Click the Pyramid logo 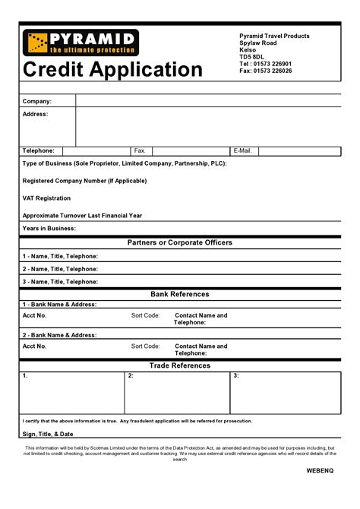click(81, 43)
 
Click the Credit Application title click(112, 70)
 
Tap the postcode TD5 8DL click(252, 57)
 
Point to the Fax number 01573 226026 click(265, 71)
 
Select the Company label click(37, 101)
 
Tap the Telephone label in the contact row click(38, 150)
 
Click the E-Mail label click(243, 150)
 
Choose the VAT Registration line click(46, 198)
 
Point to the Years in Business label click(49, 228)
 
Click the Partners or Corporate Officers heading click(180, 242)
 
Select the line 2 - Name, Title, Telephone click(60, 269)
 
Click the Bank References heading click(180, 294)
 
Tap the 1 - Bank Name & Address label click(59, 304)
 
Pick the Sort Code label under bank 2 click(145, 346)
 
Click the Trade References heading click(180, 365)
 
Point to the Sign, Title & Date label click(48, 434)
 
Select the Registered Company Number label click(84, 181)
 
